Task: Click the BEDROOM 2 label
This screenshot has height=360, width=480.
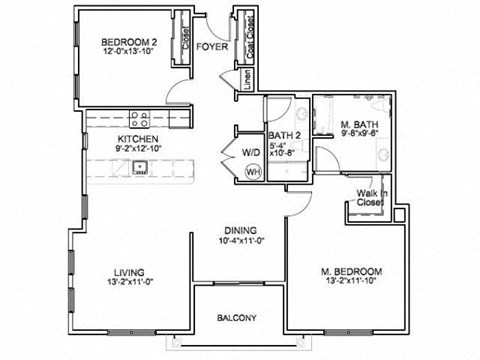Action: tap(129, 41)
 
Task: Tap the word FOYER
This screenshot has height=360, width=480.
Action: tap(210, 46)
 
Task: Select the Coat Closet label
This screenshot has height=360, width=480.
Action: tap(241, 37)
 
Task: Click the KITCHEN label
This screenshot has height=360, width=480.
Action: tap(138, 139)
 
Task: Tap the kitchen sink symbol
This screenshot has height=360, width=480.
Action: tap(141, 167)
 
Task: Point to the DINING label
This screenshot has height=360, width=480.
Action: tap(239, 229)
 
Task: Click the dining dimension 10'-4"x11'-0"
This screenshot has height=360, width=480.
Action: tap(239, 241)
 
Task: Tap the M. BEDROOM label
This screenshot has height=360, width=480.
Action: tap(351, 272)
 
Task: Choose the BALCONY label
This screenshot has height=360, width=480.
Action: tap(237, 318)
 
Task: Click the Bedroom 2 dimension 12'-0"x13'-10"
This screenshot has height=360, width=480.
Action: tap(129, 53)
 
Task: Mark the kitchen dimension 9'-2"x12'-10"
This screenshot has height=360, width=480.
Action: tap(138, 150)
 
